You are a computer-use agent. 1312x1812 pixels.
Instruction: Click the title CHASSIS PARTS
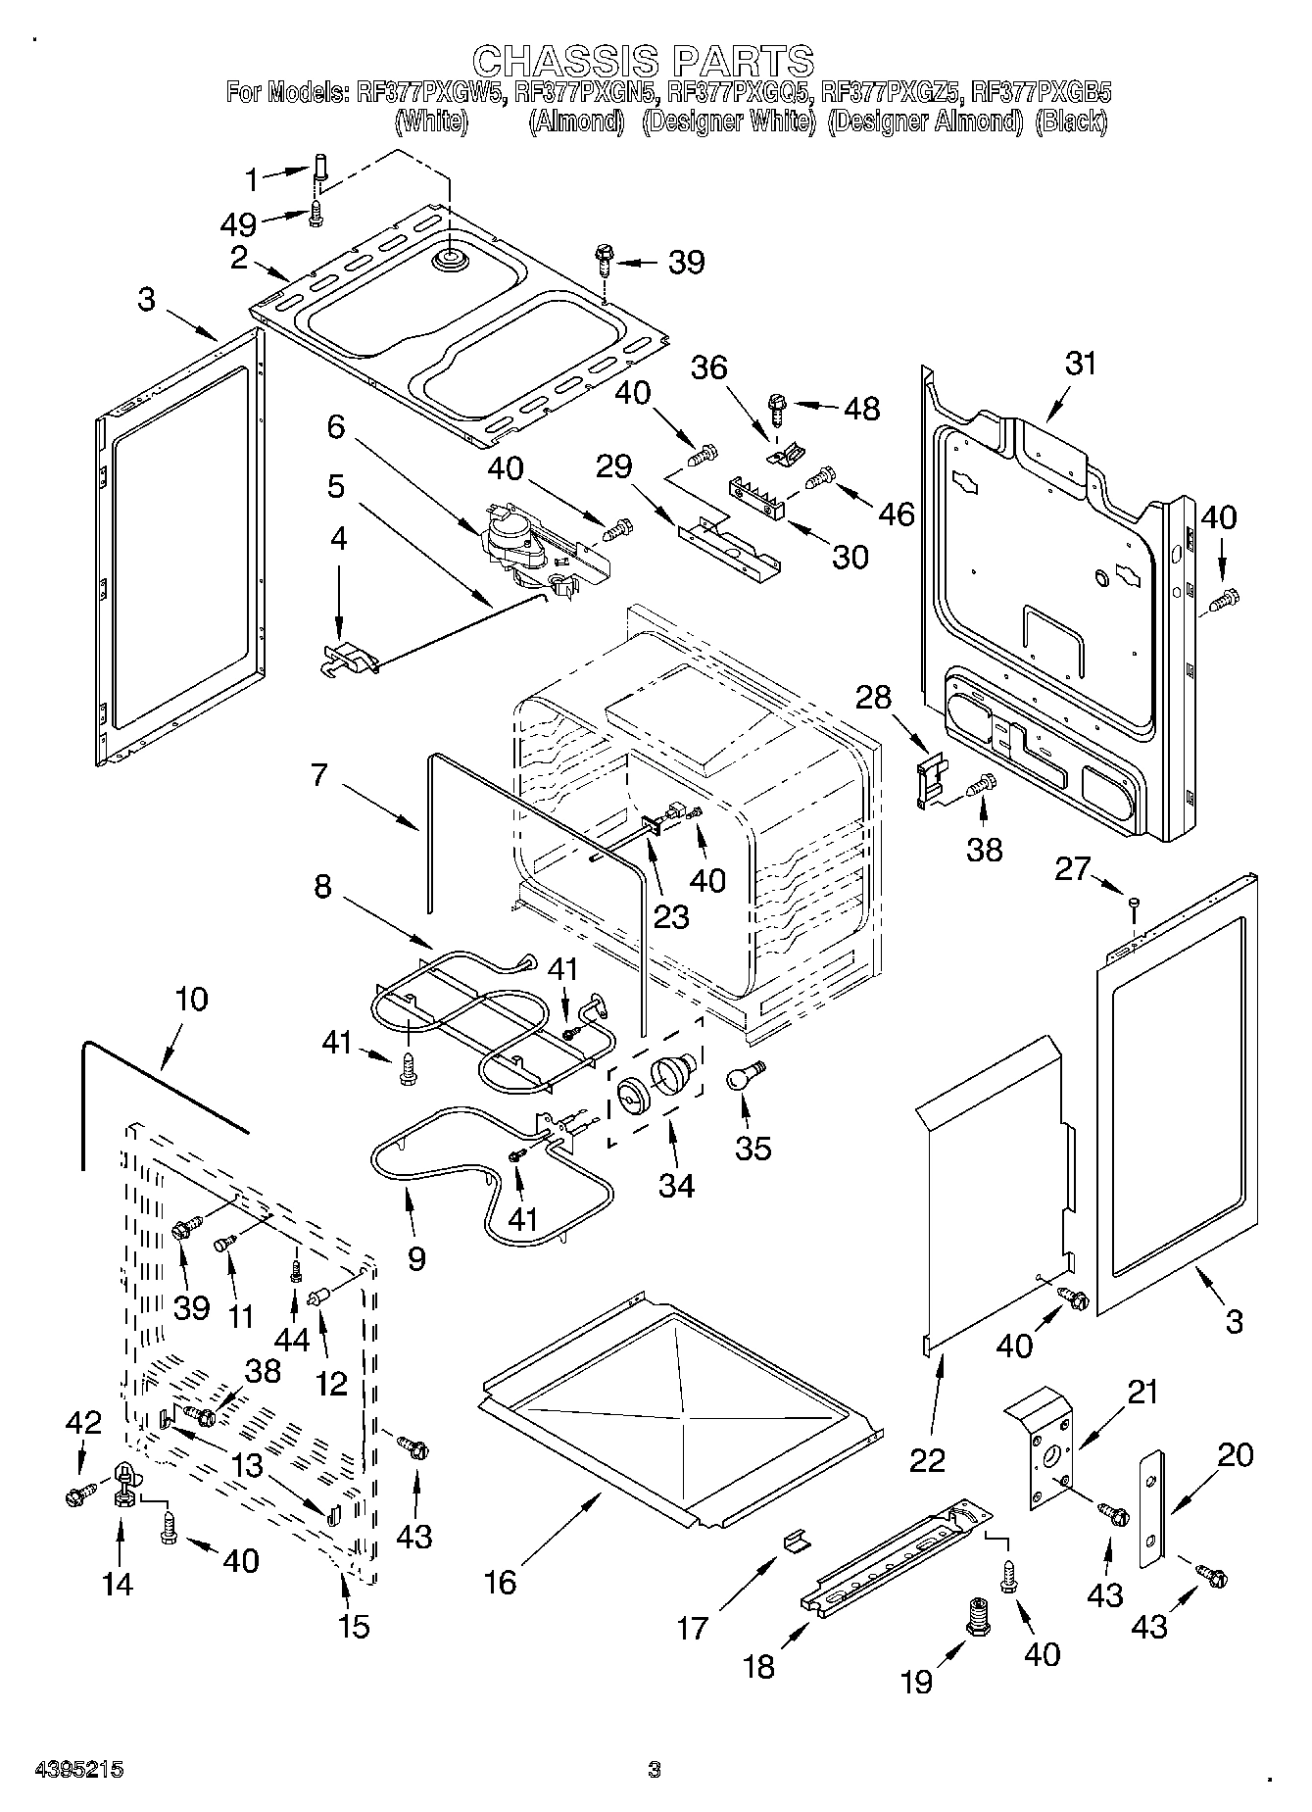(x=656, y=61)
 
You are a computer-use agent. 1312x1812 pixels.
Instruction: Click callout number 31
(x=1081, y=364)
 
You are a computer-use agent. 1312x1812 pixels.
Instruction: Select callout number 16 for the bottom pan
(x=501, y=1582)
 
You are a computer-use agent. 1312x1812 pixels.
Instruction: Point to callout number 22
(x=927, y=1459)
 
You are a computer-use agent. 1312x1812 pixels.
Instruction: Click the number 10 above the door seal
(x=192, y=999)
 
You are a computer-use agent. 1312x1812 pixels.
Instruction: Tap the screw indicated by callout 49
(x=316, y=213)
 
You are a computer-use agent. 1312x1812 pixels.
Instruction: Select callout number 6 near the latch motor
(x=336, y=426)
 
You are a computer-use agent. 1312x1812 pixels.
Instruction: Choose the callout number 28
(x=874, y=697)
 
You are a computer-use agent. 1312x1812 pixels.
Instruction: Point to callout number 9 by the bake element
(x=416, y=1257)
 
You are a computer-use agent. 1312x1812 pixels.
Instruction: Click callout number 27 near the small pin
(x=1073, y=868)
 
